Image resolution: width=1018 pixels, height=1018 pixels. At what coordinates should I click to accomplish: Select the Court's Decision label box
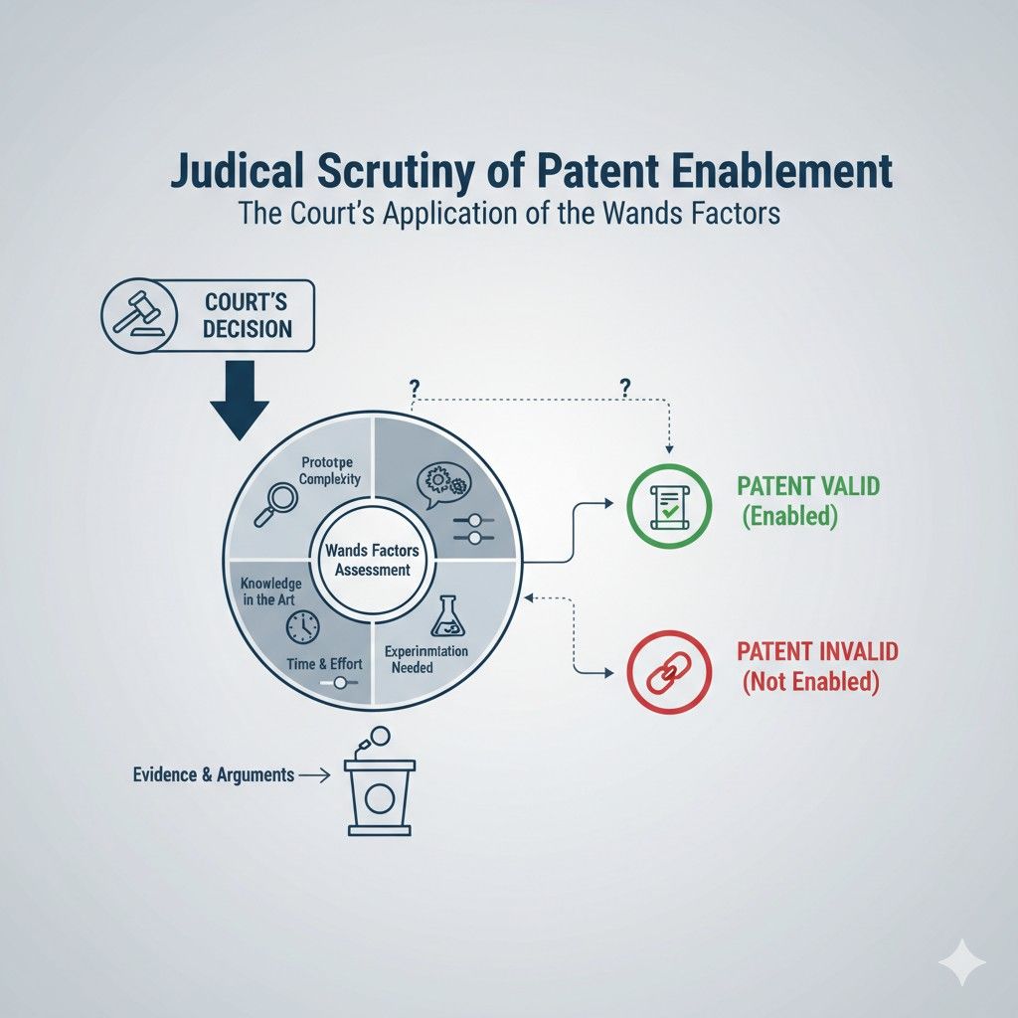pyautogui.click(x=246, y=315)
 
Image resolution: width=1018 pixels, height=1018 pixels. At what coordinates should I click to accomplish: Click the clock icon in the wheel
pyautogui.click(x=301, y=626)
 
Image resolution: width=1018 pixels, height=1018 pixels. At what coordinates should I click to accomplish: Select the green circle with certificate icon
pyautogui.click(x=670, y=502)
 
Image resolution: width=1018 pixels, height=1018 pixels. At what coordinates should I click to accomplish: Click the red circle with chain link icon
pyautogui.click(x=670, y=672)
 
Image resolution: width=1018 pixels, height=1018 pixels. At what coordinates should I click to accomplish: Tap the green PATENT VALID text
pyautogui.click(x=808, y=488)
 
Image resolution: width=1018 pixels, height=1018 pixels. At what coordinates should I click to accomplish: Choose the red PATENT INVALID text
pyautogui.click(x=817, y=653)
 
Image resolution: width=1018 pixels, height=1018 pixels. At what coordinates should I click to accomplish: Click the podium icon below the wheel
pyautogui.click(x=378, y=784)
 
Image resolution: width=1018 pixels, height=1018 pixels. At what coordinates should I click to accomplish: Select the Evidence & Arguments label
pyautogui.click(x=213, y=774)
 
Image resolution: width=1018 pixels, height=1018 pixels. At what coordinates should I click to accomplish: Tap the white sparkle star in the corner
pyautogui.click(x=961, y=962)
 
